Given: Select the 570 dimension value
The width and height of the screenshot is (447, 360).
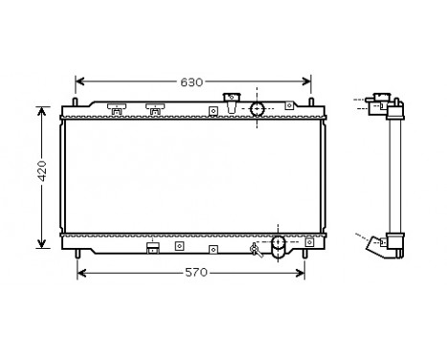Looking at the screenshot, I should [194, 274].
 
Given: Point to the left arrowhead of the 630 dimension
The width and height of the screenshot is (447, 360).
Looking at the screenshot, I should [80, 82].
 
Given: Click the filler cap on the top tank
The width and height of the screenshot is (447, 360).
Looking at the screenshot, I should [230, 99].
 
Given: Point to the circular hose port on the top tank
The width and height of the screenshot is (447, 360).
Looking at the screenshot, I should [258, 109].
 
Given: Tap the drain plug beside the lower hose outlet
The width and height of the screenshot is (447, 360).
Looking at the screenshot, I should [256, 251].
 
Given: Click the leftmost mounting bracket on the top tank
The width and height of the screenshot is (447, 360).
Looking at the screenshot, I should [116, 109].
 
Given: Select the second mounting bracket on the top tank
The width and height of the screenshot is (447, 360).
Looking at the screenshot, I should [154, 109].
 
